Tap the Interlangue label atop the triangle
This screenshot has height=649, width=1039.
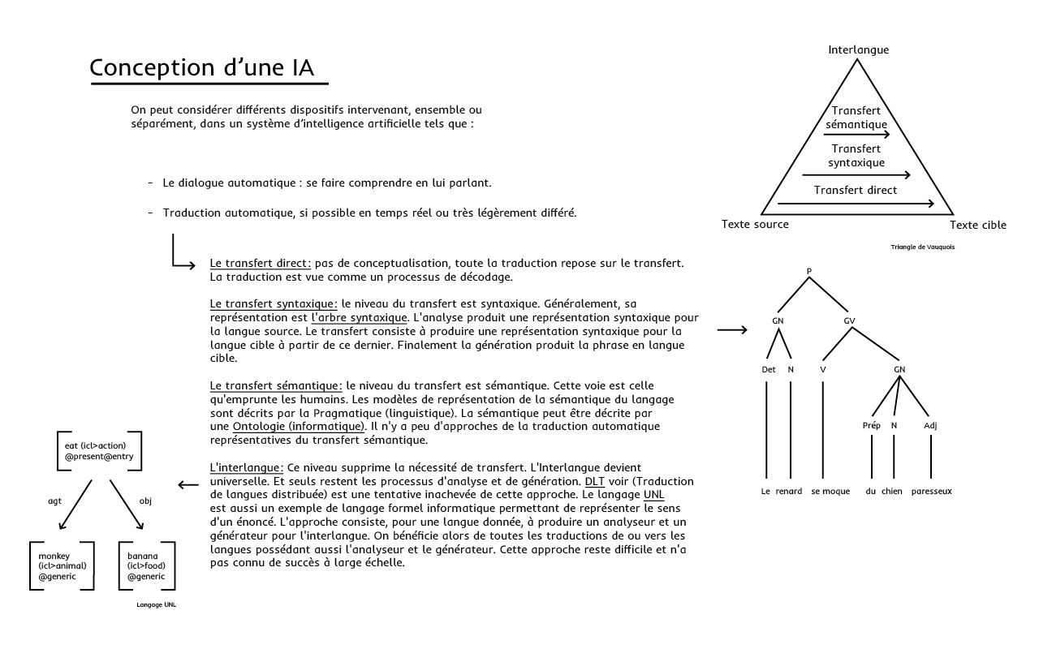[x=858, y=49]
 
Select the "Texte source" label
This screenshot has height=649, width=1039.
[x=754, y=225]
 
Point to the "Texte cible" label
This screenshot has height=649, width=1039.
[x=977, y=226]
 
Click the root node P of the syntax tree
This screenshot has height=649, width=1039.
[x=809, y=270]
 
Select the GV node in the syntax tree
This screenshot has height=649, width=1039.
[x=849, y=320]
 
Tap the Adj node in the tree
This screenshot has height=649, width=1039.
[x=930, y=425]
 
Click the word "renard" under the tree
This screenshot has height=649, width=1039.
[x=788, y=492]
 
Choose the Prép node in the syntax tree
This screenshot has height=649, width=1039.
[x=871, y=425]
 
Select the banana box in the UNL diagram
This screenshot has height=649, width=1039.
[x=147, y=565]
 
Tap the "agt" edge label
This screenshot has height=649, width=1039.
[x=55, y=501]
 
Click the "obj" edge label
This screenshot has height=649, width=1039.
[x=145, y=501]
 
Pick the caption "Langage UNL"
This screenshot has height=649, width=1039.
[x=156, y=605]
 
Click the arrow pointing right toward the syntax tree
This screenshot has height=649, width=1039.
[x=732, y=330]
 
